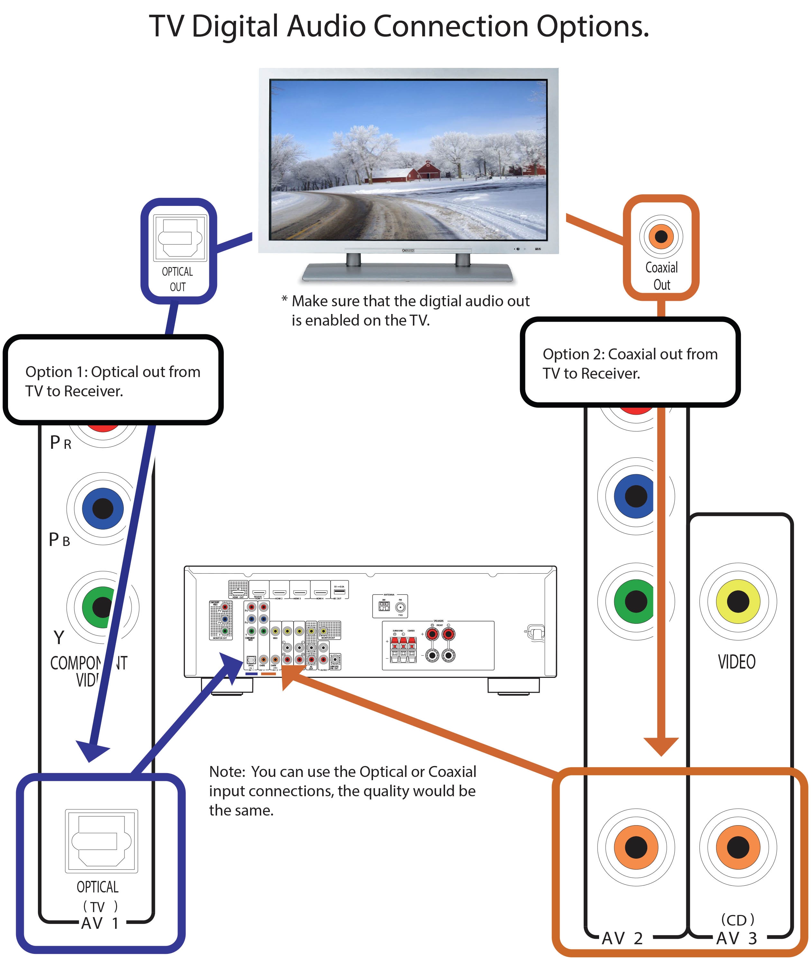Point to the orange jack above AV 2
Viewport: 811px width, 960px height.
click(636, 847)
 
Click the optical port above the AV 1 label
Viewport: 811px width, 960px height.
click(101, 840)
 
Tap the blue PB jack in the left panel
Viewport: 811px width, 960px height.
click(103, 508)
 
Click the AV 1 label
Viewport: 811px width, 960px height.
click(100, 923)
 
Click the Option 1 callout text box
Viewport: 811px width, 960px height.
click(113, 380)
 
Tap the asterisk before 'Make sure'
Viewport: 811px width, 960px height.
click(285, 300)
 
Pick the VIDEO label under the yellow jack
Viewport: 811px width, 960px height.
click(736, 661)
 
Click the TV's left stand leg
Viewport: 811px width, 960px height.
click(353, 259)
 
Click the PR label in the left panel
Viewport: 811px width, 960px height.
click(60, 442)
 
